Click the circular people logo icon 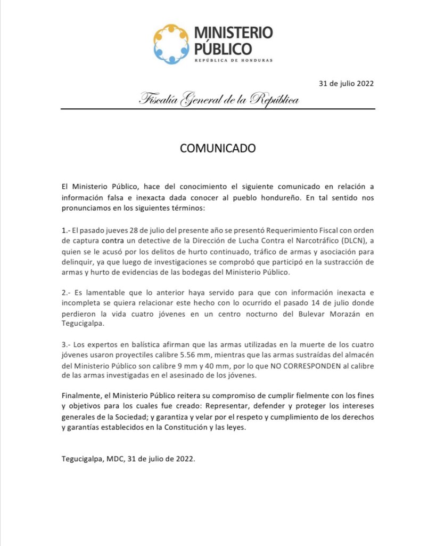(x=171, y=44)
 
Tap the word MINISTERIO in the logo (x=233, y=33)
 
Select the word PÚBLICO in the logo (x=223, y=49)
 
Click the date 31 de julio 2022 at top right (x=346, y=83)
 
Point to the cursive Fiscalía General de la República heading (x=219, y=99)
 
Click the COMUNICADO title (x=218, y=148)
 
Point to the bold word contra (x=113, y=243)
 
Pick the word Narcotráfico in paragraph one (x=313, y=243)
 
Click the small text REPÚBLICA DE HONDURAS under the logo (x=233, y=60)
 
